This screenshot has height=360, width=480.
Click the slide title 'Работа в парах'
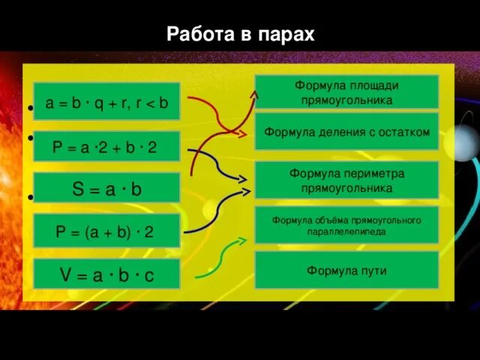coord(240,34)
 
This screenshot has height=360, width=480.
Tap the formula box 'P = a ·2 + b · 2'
coord(106,147)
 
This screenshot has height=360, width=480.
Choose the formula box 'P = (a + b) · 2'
coord(106,232)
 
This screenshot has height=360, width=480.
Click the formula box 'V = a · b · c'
coord(106,275)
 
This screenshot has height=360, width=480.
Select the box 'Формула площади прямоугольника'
coord(346,92)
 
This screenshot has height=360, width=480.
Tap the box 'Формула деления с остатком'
coord(346,133)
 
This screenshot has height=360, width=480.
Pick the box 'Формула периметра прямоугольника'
coord(346,180)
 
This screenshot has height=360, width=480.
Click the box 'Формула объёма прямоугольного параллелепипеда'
coord(346,225)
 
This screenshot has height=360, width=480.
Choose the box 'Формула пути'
coord(346,271)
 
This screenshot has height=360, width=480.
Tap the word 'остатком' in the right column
coord(404,133)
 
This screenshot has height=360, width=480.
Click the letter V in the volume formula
coord(65,275)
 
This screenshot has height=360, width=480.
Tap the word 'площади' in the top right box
coord(373,85)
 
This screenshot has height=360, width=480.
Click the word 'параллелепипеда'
coord(346,232)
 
